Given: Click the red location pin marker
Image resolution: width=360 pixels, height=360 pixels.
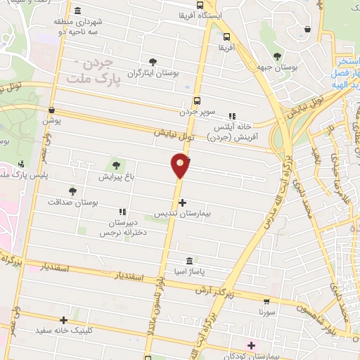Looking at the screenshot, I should tap(181, 165).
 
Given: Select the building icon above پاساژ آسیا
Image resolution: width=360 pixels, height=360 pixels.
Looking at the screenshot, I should tap(187, 260).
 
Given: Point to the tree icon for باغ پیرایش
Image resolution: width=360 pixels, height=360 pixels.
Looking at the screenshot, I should tap(116, 165).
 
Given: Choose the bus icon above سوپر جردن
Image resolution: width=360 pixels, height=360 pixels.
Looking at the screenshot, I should tap(197, 101).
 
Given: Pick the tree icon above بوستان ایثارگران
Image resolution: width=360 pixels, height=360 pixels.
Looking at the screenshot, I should tap(153, 62).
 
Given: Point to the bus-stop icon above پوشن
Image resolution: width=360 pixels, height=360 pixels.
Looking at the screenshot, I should tap(51, 110).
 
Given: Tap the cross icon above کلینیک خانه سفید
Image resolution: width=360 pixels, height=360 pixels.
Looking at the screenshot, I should tap(63, 320).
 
